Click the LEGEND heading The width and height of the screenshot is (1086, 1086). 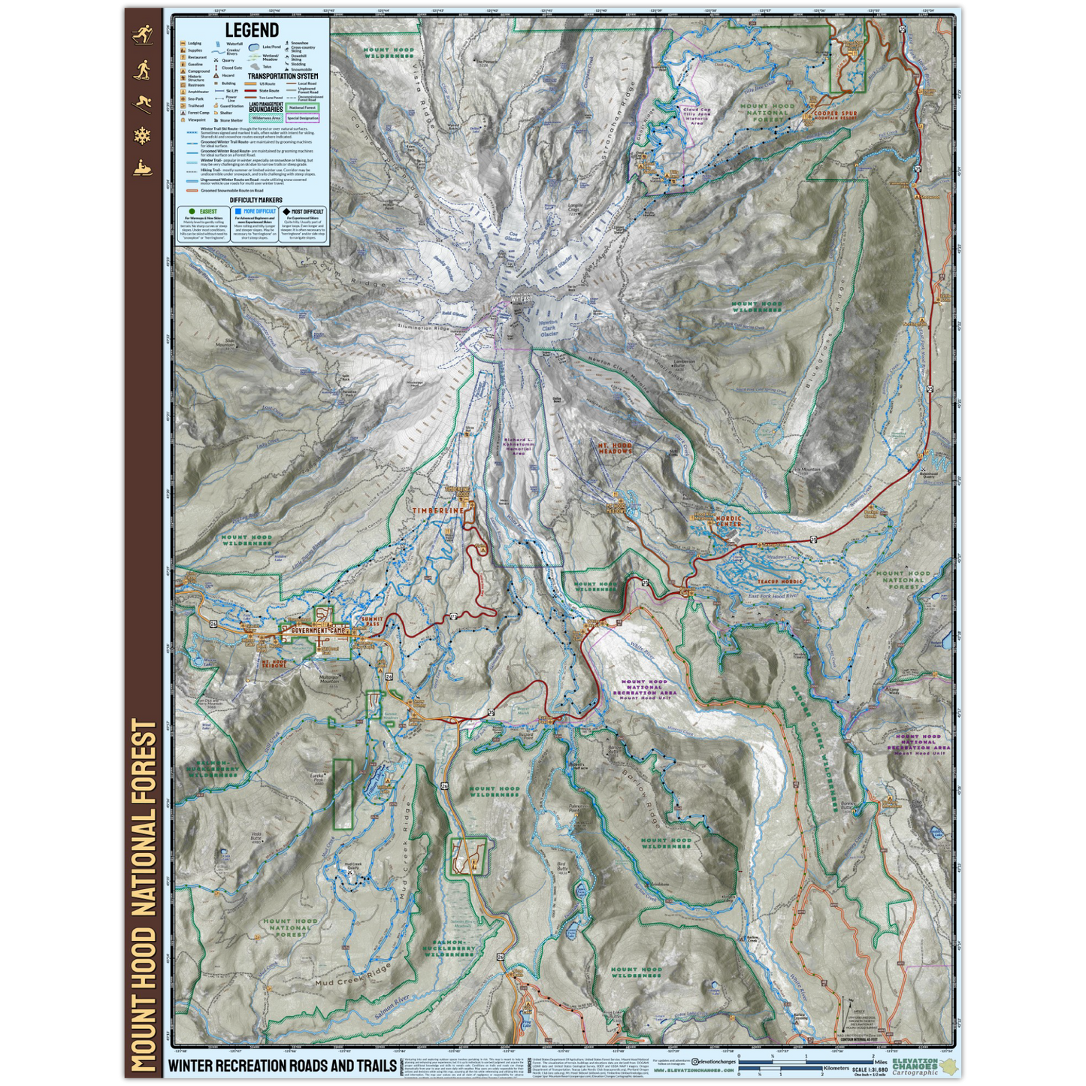(252, 30)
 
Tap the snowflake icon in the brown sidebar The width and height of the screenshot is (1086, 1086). (142, 136)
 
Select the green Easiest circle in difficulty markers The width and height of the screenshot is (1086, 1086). (192, 212)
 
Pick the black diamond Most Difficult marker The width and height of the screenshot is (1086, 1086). (286, 212)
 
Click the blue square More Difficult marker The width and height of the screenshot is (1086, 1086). (238, 212)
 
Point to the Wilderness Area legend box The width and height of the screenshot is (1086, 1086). (266, 118)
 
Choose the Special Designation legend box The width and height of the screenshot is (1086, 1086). (302, 118)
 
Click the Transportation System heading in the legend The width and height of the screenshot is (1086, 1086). (283, 76)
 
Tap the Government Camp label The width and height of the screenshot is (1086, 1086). (319, 631)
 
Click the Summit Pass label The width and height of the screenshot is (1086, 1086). (374, 622)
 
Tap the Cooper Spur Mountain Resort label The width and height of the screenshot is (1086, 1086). (835, 116)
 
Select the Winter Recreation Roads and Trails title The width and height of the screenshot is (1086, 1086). (282, 1065)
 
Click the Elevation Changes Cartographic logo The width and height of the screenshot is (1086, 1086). (921, 1066)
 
